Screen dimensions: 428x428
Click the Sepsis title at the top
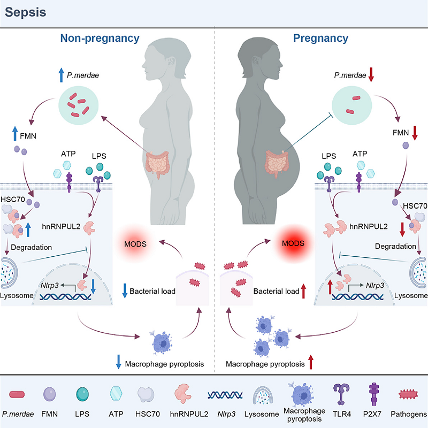[x=26, y=11]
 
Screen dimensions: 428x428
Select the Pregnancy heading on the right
[x=320, y=38]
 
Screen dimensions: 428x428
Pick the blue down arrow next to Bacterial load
[x=124, y=292]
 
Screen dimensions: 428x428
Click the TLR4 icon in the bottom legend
[x=340, y=396]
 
